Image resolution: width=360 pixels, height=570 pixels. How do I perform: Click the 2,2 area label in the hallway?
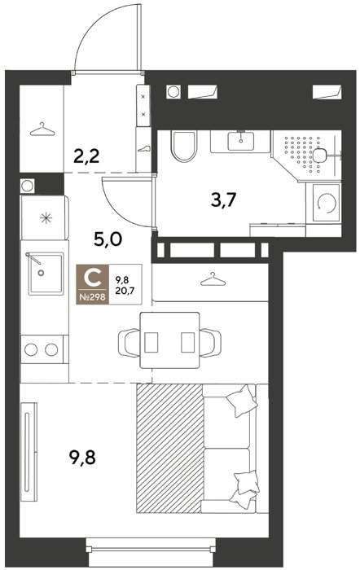(86, 157)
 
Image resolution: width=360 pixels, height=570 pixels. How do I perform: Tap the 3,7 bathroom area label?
(224, 199)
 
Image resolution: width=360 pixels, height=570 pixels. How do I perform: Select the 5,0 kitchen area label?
(108, 239)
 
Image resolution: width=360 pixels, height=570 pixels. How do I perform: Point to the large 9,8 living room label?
(82, 458)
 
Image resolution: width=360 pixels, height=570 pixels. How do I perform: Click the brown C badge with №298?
(92, 284)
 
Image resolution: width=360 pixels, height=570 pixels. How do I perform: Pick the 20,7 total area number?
(123, 290)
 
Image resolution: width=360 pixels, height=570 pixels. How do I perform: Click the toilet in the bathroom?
(183, 146)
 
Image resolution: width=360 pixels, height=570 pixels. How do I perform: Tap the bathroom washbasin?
(240, 142)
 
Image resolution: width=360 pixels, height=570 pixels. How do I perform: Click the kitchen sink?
(46, 274)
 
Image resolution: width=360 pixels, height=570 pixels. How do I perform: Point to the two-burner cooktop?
(42, 349)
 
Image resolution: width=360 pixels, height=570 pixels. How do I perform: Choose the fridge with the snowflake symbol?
(45, 217)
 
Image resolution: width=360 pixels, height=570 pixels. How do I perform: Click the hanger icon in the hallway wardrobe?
(42, 129)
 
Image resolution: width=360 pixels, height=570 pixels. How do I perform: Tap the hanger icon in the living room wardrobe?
(213, 279)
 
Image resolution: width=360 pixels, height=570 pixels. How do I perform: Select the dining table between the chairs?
(169, 340)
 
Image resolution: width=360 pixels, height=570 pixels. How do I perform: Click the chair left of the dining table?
(129, 343)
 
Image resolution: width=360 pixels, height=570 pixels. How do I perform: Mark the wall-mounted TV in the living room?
(29, 451)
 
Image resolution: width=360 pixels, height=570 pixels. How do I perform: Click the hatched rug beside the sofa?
(169, 449)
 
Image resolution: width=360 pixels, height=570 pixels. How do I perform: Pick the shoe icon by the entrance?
(143, 149)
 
